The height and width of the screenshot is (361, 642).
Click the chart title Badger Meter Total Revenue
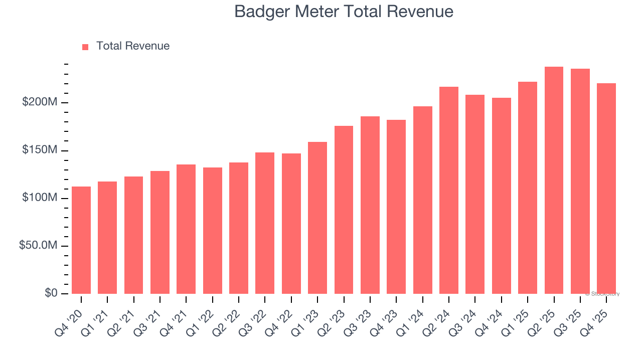click(344, 12)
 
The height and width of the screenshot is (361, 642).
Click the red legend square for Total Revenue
click(85, 47)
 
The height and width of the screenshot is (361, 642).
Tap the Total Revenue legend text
click(133, 46)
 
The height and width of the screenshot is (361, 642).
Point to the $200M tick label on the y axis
click(40, 102)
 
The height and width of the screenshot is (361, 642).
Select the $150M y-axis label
click(40, 150)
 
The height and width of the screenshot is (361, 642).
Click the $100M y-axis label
click(40, 198)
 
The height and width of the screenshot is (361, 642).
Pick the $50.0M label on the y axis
click(38, 246)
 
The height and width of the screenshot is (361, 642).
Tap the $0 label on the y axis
click(51, 293)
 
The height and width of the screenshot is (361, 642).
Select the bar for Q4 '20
click(81, 240)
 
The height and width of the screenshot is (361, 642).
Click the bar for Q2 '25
click(554, 180)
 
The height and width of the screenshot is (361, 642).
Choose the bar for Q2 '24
click(449, 191)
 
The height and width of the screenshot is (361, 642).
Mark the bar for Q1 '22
click(213, 231)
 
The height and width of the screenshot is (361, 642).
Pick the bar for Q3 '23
click(370, 205)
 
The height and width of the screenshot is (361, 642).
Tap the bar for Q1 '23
click(317, 218)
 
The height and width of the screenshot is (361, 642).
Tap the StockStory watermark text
click(602, 294)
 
